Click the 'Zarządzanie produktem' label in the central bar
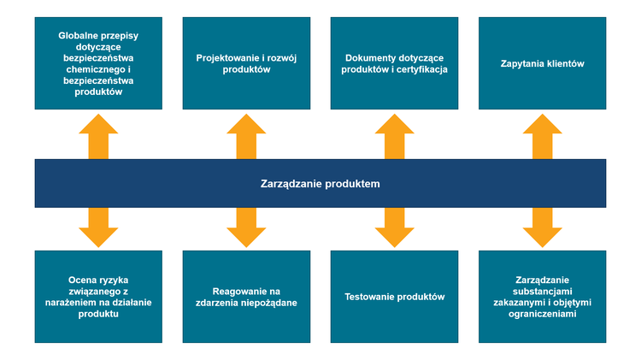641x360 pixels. coord(320,184)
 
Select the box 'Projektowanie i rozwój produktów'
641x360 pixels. coord(246,64)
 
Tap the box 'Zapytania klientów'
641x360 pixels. coord(542,64)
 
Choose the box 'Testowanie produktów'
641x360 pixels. coord(394,297)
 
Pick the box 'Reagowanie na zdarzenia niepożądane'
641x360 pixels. coord(246,297)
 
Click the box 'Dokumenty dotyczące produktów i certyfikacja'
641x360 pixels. coord(394,64)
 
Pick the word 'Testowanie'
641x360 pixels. coord(370,297)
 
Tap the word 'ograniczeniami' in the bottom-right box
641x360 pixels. coord(542,314)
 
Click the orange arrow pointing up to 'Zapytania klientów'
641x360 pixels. coord(542,136)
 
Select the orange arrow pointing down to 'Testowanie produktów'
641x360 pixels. coord(394,227)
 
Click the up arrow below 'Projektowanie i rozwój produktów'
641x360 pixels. coord(246,136)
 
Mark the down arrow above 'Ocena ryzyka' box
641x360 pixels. coord(98,227)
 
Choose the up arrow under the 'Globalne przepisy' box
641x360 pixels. coord(98,136)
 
